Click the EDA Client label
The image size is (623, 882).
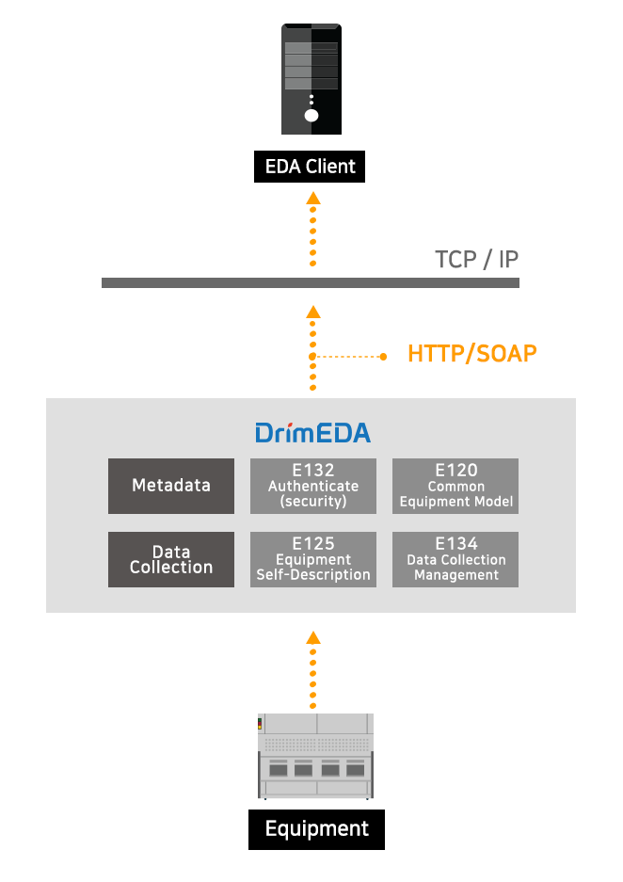point(310,167)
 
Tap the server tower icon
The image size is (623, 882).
point(311,79)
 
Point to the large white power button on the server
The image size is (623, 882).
point(311,116)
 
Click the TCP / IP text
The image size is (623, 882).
point(476,259)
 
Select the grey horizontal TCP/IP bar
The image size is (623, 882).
point(311,282)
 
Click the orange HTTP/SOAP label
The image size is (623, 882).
point(471,354)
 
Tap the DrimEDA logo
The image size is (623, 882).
point(313,433)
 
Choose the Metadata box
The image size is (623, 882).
point(171,486)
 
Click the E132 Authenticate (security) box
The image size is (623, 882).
point(313,486)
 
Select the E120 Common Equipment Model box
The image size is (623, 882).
point(455,486)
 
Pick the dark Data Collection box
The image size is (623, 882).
point(171,560)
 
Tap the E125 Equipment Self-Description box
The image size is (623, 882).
point(313,560)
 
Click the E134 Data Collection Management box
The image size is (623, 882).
point(455,560)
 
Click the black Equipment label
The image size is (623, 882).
point(316,829)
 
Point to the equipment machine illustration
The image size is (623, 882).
point(315,756)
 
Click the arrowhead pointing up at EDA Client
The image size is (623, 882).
point(313,198)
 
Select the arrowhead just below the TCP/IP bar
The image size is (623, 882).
point(313,312)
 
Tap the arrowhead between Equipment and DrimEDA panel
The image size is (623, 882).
point(313,637)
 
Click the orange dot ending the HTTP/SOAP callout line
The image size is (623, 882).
point(383,357)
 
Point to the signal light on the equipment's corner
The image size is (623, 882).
point(260,723)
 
